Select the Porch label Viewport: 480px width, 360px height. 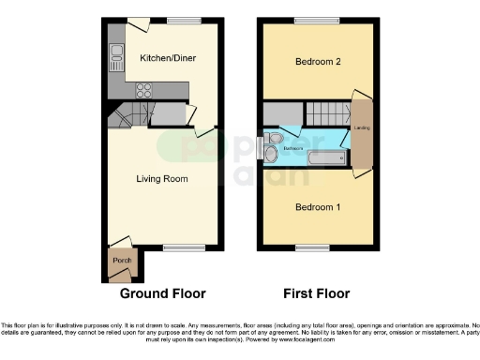click(121, 260)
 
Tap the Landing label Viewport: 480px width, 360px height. click(361, 128)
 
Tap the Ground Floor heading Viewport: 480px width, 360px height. click(161, 293)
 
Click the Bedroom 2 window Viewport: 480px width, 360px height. click(309, 20)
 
